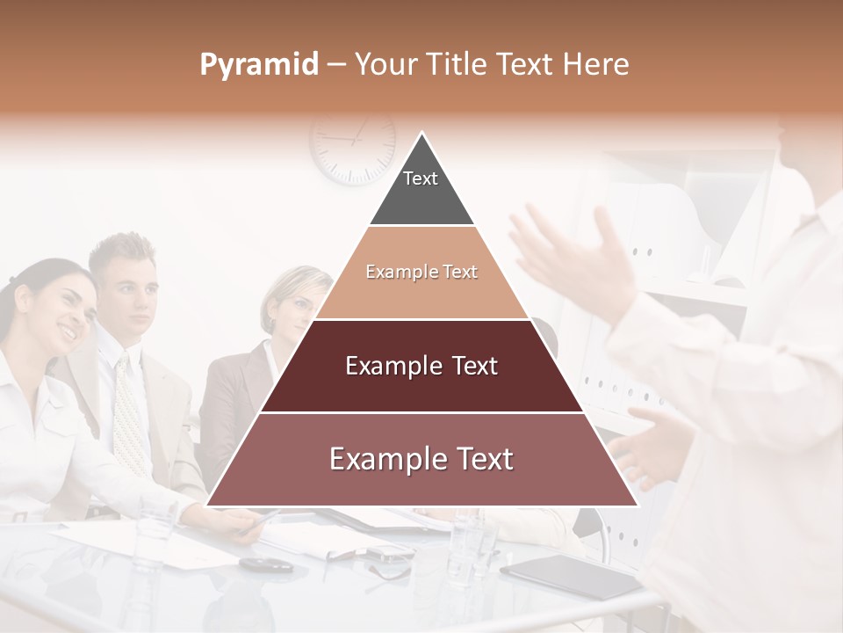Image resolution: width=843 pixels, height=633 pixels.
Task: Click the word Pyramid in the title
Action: click(x=258, y=65)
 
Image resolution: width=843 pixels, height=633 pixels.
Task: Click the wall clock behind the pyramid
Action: click(x=352, y=145)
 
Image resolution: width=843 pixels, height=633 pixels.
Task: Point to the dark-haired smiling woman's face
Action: click(x=67, y=308)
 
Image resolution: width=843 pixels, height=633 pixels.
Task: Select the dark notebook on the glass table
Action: click(x=570, y=576)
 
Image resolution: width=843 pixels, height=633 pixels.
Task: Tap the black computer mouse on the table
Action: click(x=265, y=564)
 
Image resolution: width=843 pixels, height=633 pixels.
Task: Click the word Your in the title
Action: click(x=384, y=65)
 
